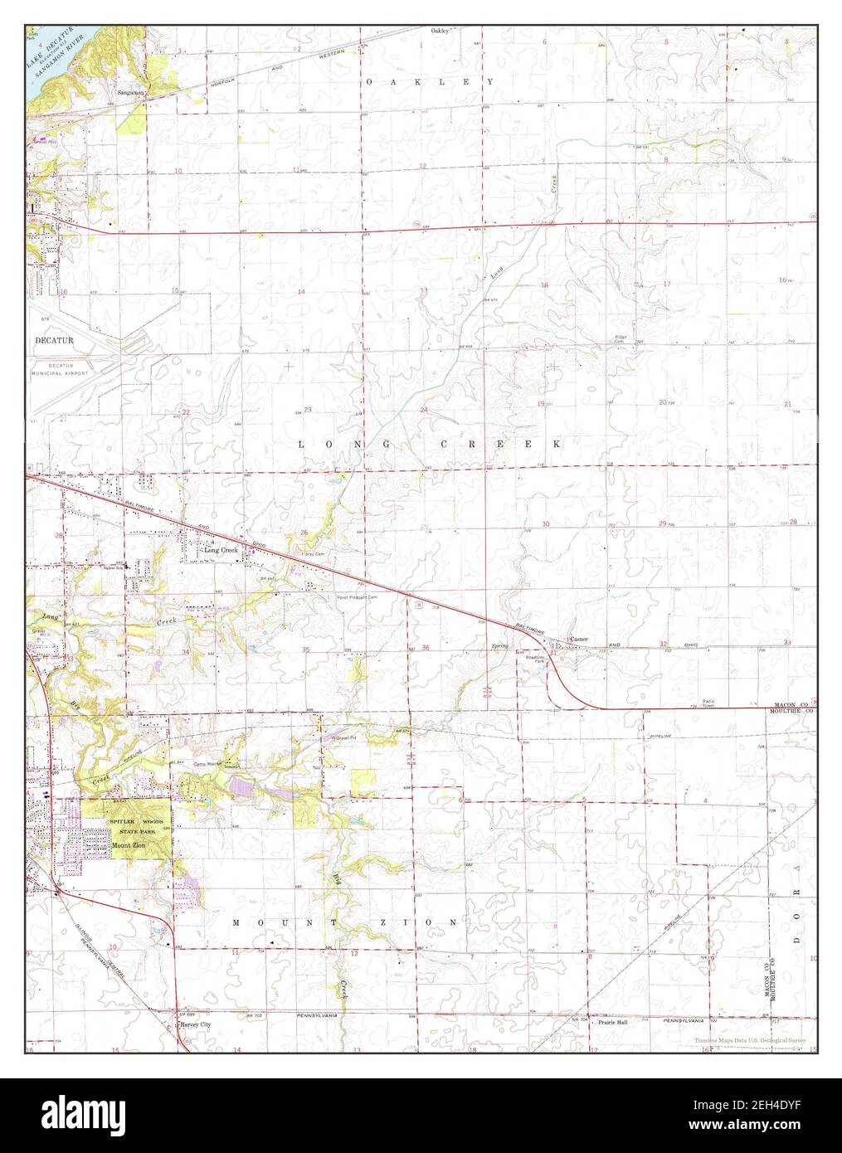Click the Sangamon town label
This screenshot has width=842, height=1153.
[x=130, y=92]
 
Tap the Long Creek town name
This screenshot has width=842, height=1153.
[x=221, y=550]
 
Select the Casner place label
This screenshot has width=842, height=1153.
[x=578, y=640]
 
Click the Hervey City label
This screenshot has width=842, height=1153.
[x=196, y=1025]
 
